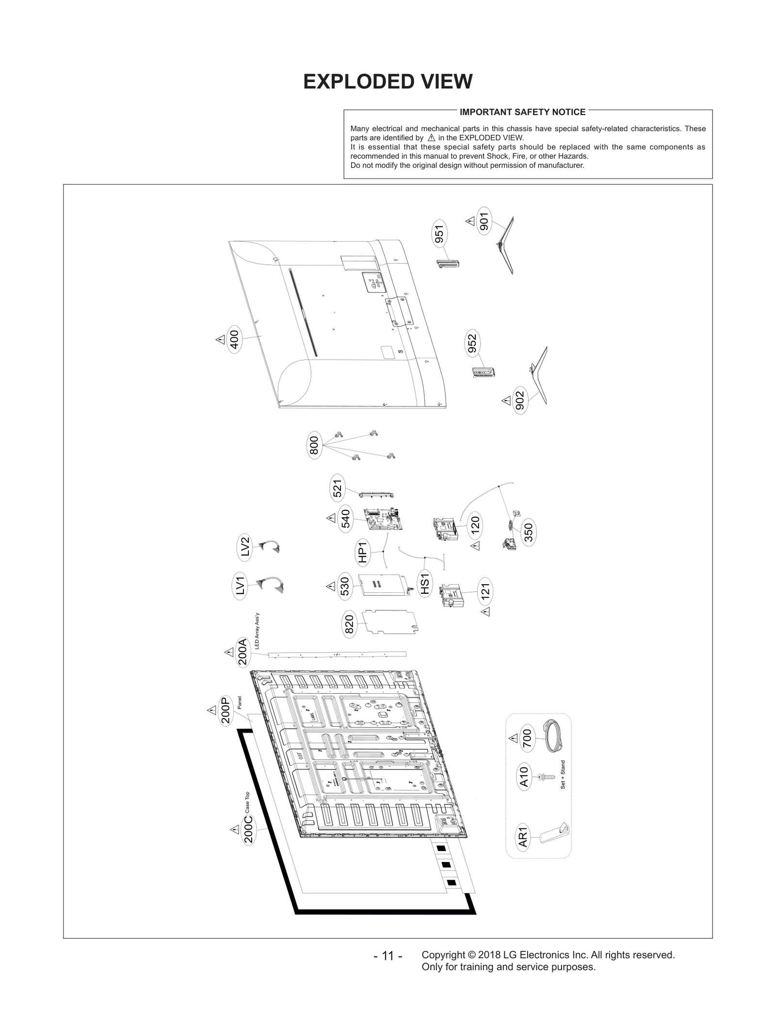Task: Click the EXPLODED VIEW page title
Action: click(388, 82)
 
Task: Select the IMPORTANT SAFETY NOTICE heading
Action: click(522, 112)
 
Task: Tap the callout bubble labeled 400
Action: click(234, 340)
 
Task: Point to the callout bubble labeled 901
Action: click(484, 221)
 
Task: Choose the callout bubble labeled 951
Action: click(439, 234)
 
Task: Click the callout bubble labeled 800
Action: click(314, 445)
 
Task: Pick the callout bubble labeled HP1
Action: click(363, 552)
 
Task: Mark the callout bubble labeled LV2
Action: click(245, 547)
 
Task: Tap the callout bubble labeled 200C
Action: click(248, 830)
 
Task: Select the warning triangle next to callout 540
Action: click(331, 518)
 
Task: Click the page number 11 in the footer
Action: click(388, 956)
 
